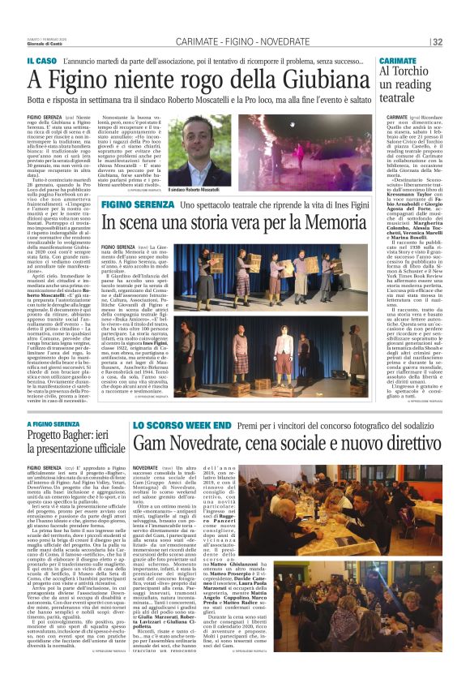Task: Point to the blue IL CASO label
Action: (41, 62)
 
